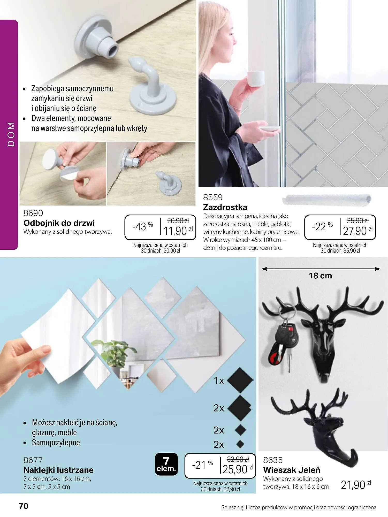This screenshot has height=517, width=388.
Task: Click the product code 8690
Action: (33, 213)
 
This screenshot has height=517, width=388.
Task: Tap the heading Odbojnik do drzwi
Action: (59, 223)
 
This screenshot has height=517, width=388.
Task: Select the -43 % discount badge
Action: (142, 226)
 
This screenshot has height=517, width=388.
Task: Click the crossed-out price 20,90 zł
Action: (178, 221)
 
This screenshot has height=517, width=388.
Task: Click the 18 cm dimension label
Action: (320, 276)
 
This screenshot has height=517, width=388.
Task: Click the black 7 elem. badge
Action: (166, 464)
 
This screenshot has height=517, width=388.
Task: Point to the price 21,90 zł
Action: (356, 485)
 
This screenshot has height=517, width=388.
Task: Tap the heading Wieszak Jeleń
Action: (292, 470)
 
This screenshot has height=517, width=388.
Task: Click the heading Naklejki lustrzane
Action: (58, 470)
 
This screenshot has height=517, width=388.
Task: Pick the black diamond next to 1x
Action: (240, 380)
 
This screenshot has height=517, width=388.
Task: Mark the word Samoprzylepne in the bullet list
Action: (56, 442)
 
